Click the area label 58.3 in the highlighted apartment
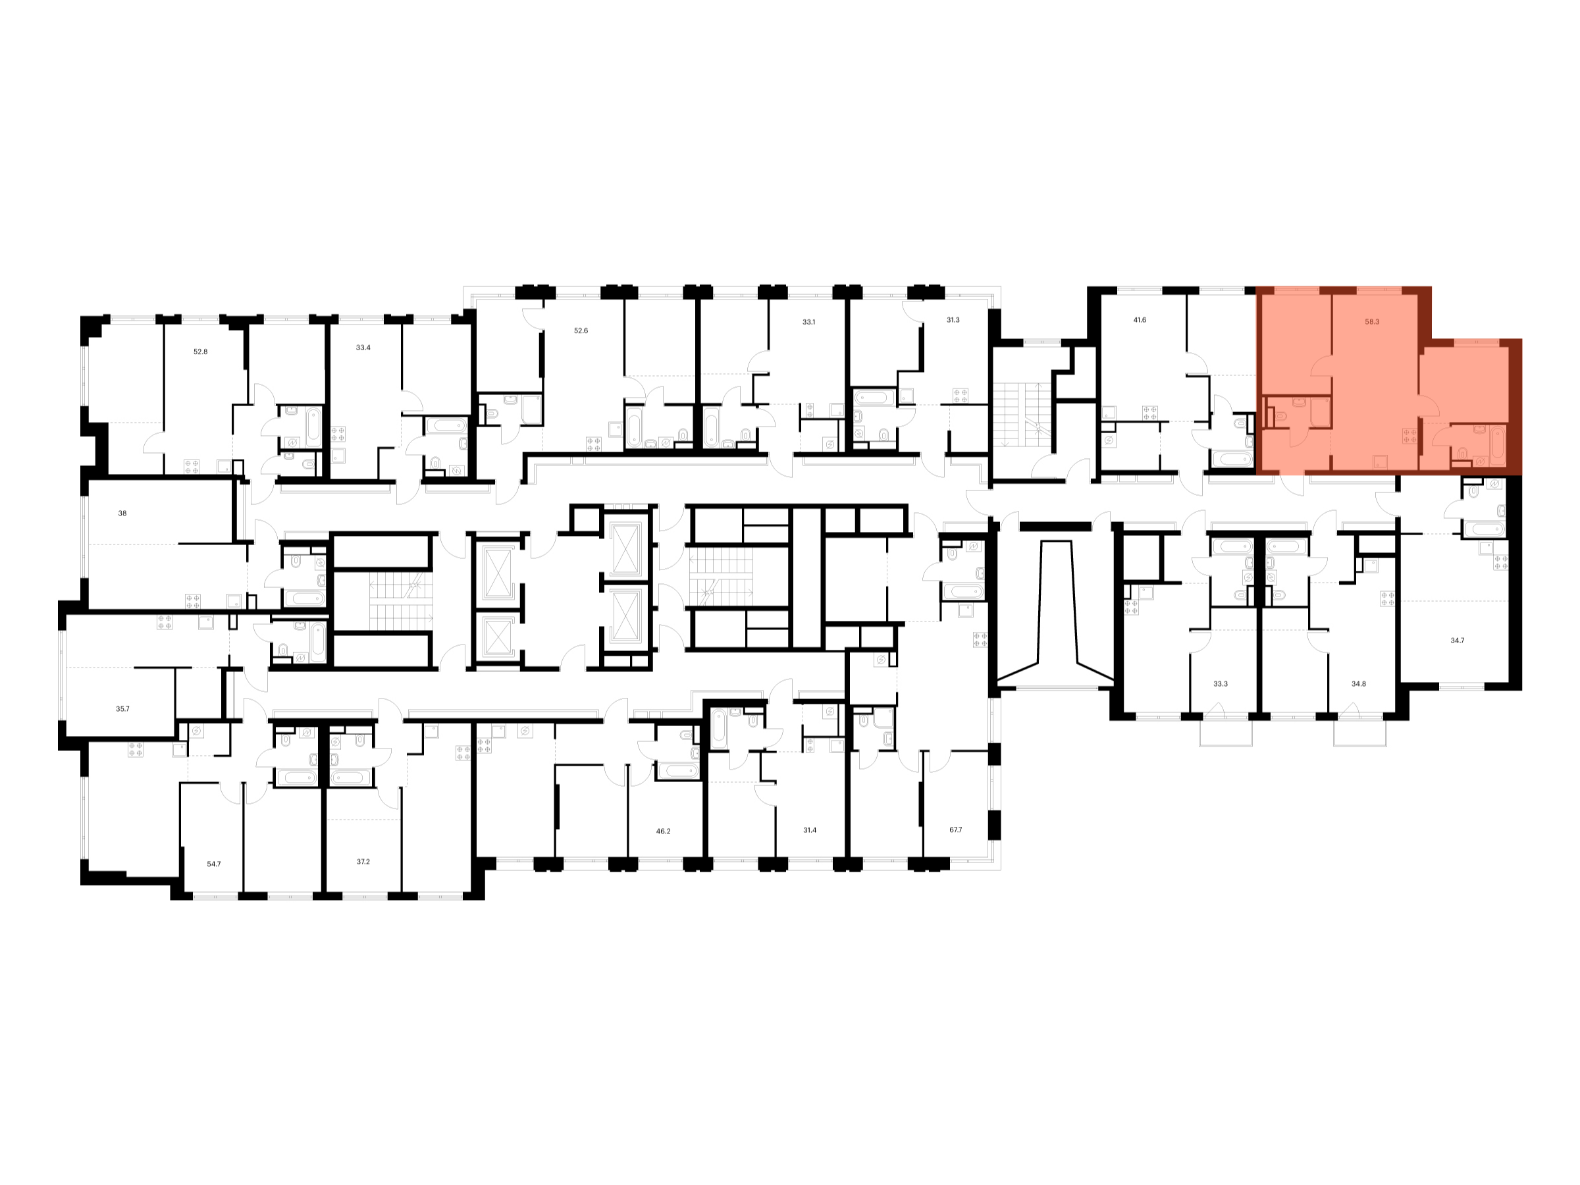click(x=1371, y=322)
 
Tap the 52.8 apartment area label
click(x=201, y=352)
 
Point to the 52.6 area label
click(x=581, y=331)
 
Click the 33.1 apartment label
click(x=808, y=323)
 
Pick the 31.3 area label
click(x=953, y=321)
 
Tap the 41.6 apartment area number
click(x=1140, y=321)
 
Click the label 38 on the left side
click(x=122, y=513)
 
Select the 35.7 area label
click(x=123, y=709)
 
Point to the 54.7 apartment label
click(x=213, y=864)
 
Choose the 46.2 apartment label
click(x=663, y=831)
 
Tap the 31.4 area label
click(x=809, y=831)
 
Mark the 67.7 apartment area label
click(x=955, y=831)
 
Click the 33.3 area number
click(x=1220, y=684)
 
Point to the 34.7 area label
click(x=1457, y=641)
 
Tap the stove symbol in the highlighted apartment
click(x=1409, y=436)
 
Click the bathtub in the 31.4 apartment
click(x=719, y=729)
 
